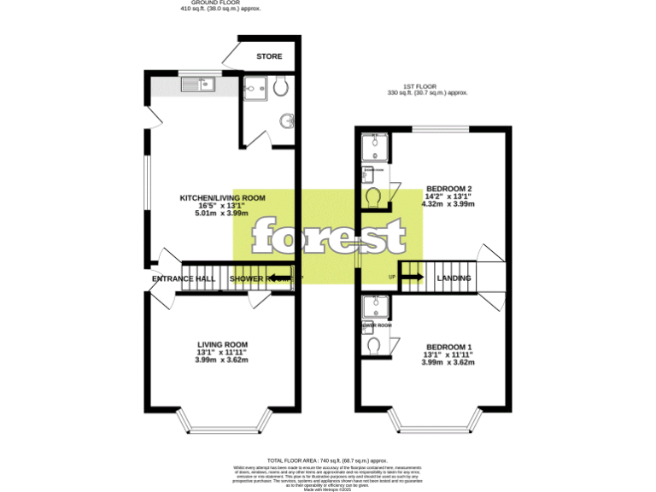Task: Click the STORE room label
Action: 269,57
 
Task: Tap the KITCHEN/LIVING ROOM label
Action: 222,198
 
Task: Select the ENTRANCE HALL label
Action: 183,279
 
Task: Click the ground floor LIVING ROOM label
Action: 222,344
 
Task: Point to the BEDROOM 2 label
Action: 448,189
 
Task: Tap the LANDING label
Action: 454,278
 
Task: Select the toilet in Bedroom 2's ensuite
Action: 373,197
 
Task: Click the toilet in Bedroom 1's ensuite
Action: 372,346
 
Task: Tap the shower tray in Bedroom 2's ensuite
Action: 373,148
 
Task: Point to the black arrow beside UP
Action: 412,277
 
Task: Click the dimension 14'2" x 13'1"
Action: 448,196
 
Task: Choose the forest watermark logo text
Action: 327,235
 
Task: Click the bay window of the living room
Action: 222,419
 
